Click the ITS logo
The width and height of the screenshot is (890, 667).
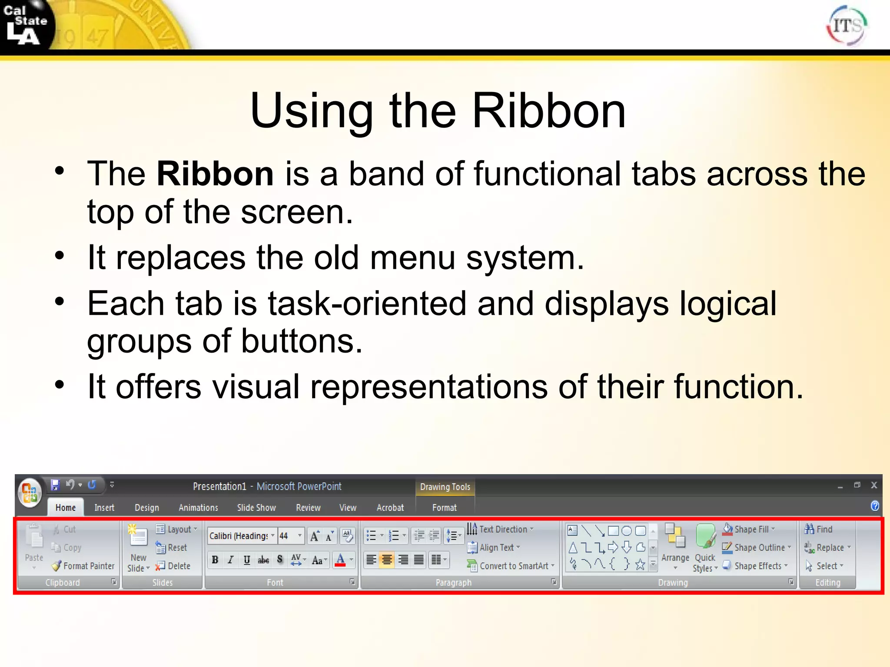point(847,26)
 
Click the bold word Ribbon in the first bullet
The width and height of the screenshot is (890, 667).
point(215,174)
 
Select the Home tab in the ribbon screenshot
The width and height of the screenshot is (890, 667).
point(66,508)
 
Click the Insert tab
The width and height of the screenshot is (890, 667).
point(104,508)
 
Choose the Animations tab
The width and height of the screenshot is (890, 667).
point(198,508)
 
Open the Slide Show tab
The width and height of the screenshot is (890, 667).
point(256,508)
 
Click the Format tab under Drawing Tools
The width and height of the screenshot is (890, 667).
point(444,508)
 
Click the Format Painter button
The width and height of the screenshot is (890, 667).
point(84,566)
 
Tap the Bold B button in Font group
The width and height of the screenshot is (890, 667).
point(215,560)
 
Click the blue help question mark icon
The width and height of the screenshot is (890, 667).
point(875,506)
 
